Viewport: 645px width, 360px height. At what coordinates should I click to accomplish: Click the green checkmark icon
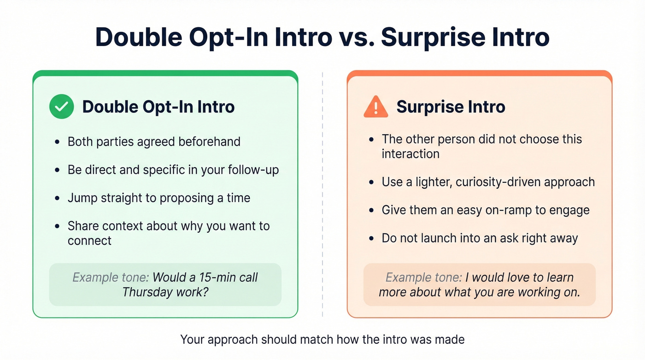tap(61, 106)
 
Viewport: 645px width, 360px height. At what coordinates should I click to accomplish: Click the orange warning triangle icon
tap(376, 107)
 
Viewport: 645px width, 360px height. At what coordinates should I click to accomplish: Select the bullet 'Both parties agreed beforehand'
tap(154, 142)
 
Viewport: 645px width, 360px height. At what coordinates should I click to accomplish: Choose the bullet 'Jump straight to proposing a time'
tap(159, 198)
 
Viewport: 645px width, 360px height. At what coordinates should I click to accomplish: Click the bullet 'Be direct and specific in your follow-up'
tap(173, 170)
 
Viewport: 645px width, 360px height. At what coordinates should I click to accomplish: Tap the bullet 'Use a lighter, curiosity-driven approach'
tap(488, 182)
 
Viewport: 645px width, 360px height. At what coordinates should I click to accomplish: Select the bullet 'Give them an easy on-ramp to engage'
tap(485, 210)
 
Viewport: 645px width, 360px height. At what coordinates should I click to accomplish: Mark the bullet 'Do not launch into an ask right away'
tap(480, 238)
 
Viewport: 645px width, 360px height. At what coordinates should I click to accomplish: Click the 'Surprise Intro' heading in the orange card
tap(451, 107)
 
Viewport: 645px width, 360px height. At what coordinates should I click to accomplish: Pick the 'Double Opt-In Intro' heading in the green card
tap(158, 107)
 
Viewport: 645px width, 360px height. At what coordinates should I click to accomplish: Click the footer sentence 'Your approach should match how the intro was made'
tap(322, 340)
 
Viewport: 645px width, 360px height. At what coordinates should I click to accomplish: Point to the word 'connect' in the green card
tap(89, 241)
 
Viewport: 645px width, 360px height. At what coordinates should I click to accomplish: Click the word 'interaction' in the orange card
tap(410, 153)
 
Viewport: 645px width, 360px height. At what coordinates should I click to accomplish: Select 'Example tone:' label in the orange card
tap(423, 278)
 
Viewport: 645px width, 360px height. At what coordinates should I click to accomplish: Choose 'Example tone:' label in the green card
tap(111, 277)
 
